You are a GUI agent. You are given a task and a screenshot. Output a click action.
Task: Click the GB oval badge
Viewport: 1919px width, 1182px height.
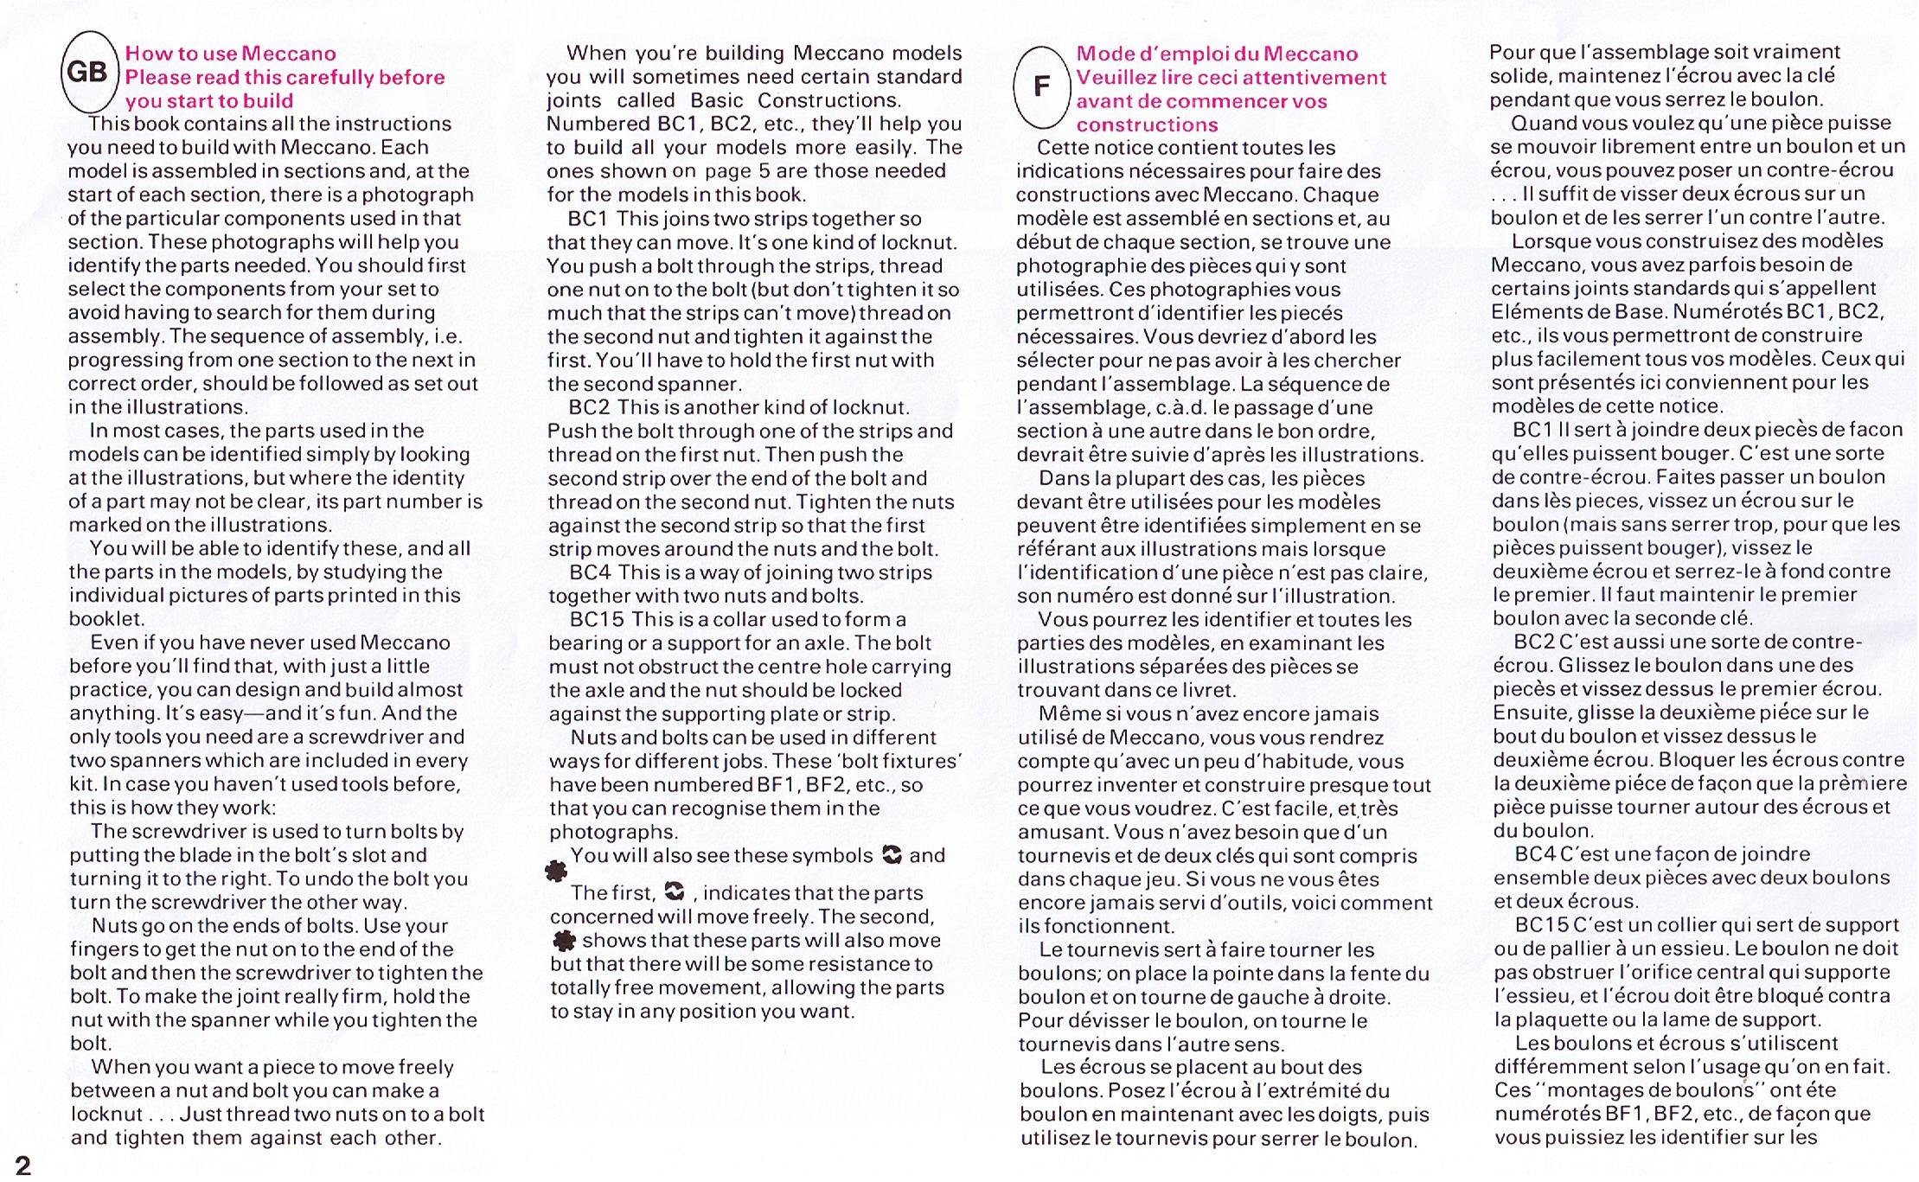tap(88, 73)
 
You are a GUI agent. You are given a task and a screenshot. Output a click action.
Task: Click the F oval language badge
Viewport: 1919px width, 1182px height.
tap(1042, 86)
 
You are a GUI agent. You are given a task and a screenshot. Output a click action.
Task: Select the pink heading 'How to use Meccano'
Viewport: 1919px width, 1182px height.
tap(230, 54)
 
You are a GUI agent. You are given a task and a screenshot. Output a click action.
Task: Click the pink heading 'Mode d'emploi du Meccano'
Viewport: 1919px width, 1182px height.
tap(1217, 54)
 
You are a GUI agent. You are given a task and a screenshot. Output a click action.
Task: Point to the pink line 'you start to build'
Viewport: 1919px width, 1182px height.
tap(208, 100)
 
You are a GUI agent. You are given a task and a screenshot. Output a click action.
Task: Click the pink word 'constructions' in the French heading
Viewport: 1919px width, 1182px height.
tap(1147, 125)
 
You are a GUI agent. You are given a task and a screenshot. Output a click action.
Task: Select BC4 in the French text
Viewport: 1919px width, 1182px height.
tap(1535, 854)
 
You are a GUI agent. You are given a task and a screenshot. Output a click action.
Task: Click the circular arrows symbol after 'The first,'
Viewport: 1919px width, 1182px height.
tap(674, 891)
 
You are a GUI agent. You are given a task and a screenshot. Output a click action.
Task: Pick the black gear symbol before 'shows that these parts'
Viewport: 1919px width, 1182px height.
tap(564, 940)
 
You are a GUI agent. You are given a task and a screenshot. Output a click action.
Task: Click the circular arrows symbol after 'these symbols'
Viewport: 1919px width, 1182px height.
tap(892, 855)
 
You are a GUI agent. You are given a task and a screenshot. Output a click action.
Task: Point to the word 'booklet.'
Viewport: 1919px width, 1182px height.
tap(107, 619)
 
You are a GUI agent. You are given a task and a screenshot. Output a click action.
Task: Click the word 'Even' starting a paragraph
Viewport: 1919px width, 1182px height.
tap(114, 642)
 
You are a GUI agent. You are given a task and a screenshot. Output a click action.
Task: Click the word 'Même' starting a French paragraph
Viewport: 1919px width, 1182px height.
tap(1065, 714)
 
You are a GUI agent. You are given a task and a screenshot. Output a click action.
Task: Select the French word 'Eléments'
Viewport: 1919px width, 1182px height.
tap(1538, 311)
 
